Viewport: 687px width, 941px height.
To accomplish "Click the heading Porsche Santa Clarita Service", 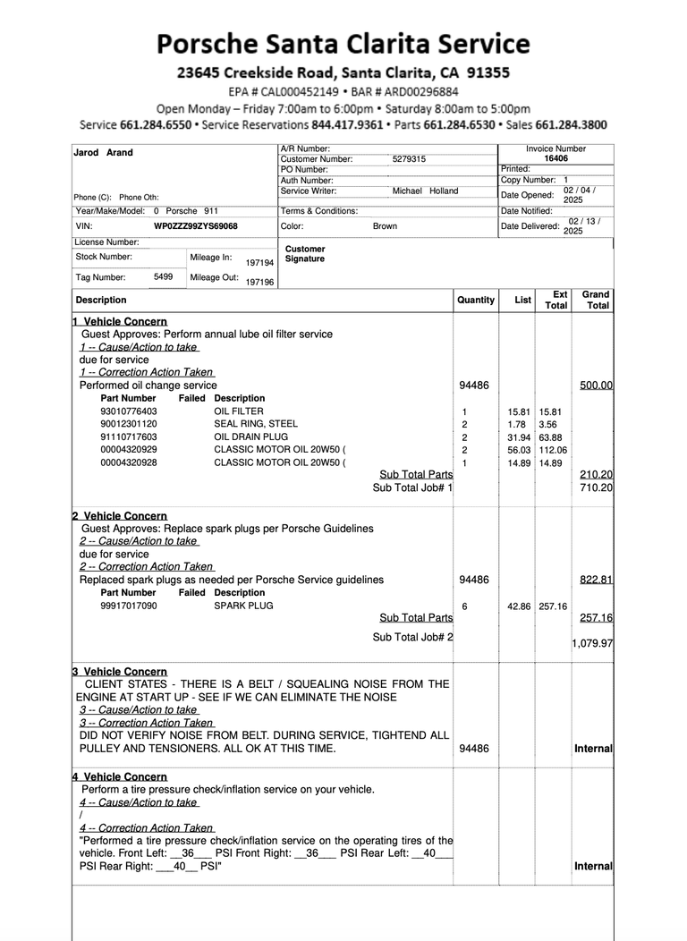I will point(343,43).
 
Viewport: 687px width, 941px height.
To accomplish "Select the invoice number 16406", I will point(556,158).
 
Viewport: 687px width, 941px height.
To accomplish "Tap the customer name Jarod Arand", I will point(103,153).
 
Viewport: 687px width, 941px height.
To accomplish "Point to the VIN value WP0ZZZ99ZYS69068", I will point(196,226).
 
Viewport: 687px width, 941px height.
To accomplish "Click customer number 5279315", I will point(409,159).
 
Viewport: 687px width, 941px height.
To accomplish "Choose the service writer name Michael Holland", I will point(425,191).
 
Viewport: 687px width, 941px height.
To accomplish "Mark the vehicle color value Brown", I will point(385,226).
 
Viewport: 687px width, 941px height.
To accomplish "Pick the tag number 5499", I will point(163,277).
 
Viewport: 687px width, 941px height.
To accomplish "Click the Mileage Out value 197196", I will point(260,282).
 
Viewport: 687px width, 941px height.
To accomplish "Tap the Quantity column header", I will point(476,301).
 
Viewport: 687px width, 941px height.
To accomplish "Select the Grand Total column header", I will point(596,300).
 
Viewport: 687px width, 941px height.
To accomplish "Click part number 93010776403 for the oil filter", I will point(129,411).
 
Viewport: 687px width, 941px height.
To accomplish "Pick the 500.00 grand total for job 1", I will point(596,386).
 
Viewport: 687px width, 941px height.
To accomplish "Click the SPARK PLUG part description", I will point(243,606).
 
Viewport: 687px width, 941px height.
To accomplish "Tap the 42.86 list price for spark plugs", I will point(519,606).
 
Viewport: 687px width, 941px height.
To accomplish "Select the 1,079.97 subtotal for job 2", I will point(593,643).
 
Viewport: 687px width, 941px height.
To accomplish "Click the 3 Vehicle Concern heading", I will point(120,672).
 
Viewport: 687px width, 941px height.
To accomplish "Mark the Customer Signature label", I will point(305,254).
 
